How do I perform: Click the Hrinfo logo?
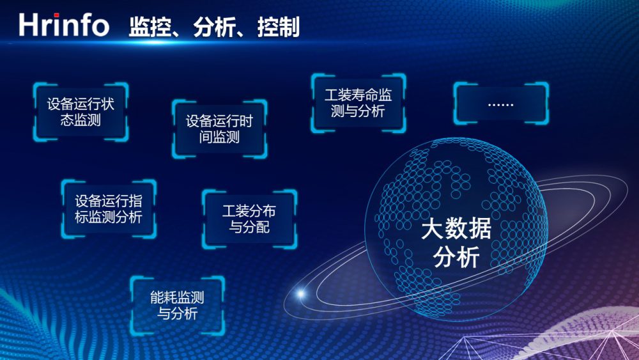coord(63,25)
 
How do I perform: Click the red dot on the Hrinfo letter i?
coord(56,15)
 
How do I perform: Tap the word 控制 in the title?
coord(279,27)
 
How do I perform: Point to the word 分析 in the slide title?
coord(214,27)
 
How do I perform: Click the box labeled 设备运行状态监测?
coord(81,112)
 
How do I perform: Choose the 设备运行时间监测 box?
coord(220,129)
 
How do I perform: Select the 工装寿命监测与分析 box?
coord(358,103)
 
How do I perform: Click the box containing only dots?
coord(501,103)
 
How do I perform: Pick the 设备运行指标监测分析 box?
coord(109,208)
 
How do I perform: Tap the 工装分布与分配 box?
coord(249,219)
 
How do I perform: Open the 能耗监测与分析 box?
coord(177,306)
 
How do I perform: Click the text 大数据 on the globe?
coord(456,228)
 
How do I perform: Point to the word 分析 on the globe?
coord(456,257)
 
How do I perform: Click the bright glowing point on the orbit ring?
coord(301,293)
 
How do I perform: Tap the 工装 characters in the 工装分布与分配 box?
coord(236,211)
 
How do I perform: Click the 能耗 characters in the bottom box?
coord(164,297)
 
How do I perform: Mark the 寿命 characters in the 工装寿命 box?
coord(365,95)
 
